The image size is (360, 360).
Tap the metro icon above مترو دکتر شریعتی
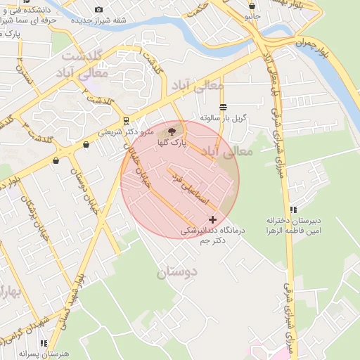coord(125,120)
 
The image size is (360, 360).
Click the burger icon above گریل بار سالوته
coord(223,107)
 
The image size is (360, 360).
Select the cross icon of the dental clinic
coord(212,220)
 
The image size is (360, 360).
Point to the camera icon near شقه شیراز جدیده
coord(98,9)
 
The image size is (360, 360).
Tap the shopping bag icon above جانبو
coord(252,6)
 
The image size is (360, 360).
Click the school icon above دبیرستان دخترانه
coord(293,210)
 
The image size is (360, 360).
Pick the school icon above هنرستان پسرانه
coord(44,343)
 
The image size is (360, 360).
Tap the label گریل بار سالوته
coord(221,117)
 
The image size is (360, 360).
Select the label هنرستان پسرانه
coord(41,354)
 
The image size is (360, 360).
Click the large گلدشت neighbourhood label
coord(82,55)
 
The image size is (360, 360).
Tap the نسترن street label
coord(25,77)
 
